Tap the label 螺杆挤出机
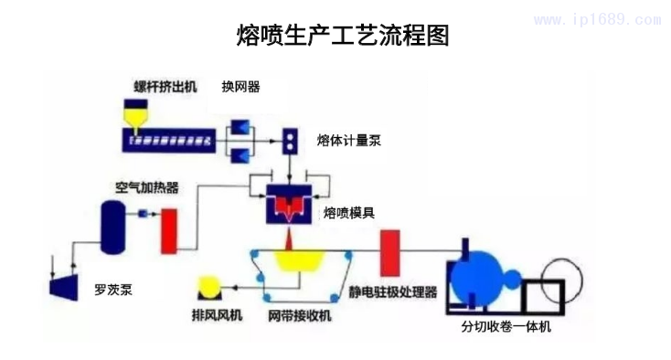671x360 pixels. pyautogui.click(x=165, y=88)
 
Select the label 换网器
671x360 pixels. pyautogui.click(x=240, y=87)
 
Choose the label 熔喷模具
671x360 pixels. pyautogui.click(x=348, y=213)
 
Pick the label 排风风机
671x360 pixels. pyautogui.click(x=217, y=316)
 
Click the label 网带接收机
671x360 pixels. pyautogui.click(x=299, y=316)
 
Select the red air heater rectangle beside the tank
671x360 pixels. pyautogui.click(x=168, y=231)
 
